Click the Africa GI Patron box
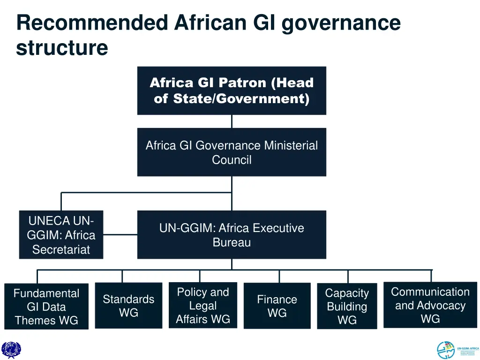pos(232,90)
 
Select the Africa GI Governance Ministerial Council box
pos(232,152)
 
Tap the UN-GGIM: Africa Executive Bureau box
pos(232,235)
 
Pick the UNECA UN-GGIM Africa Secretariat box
pos(61,235)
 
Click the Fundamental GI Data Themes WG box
pos(46,307)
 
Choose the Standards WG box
pos(128,306)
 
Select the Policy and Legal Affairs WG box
pos(203,305)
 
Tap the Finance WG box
pos(277,306)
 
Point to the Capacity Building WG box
pos(347,306)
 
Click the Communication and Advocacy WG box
pos(430,305)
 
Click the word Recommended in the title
pos(92,23)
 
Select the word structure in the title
pos(62,48)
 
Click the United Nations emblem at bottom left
pos(11,350)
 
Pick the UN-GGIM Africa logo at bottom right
pos(457,350)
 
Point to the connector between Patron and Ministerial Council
pos(232,121)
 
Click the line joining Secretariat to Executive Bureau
pos(120,234)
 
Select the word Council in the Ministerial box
pos(232,160)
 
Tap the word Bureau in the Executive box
pos(232,242)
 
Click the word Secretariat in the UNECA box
pos(61,250)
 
